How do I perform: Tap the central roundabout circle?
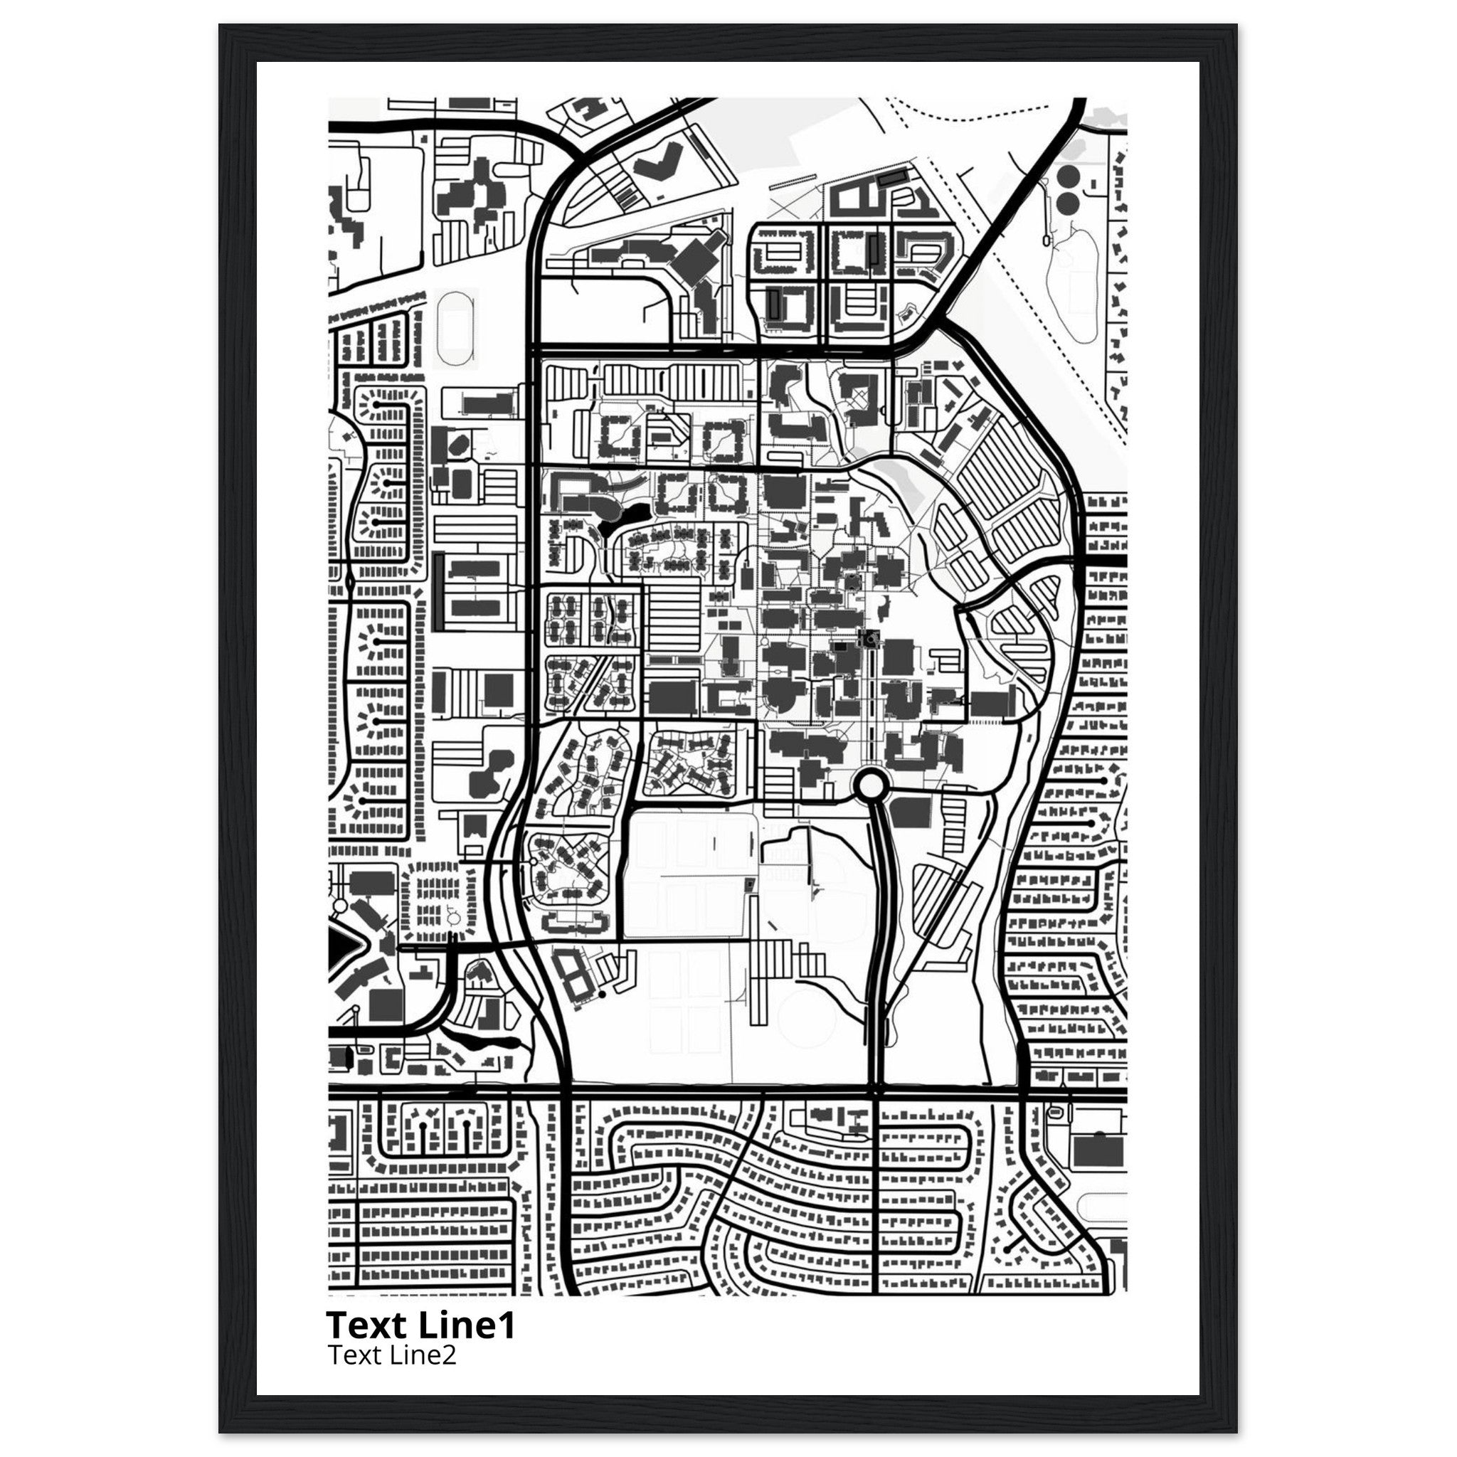click(871, 786)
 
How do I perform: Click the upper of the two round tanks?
click(1067, 178)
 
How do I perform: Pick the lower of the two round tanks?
click(1067, 202)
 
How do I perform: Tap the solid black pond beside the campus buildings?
click(623, 519)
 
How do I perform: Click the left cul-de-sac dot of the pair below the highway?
click(423, 1145)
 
